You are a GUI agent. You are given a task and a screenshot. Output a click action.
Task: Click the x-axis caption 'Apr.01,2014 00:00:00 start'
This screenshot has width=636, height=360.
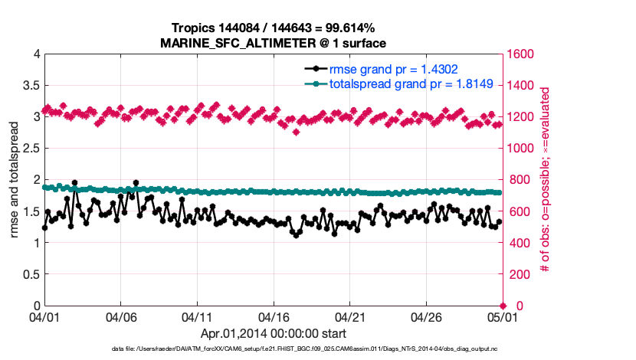pos(274,333)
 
